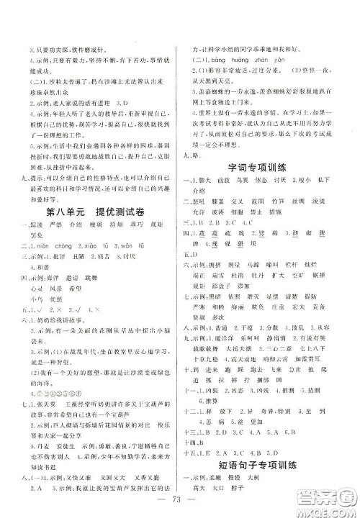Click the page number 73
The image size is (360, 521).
click(x=179, y=501)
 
